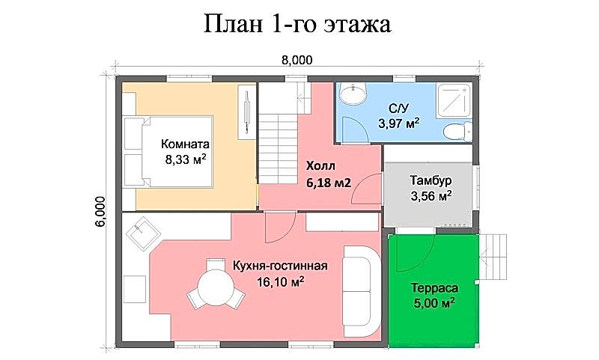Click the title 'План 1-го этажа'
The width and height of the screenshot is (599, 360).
click(297, 24)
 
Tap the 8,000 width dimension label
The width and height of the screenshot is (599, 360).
click(297, 60)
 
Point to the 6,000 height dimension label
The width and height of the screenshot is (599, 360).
click(100, 212)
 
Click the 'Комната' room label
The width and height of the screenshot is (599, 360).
click(185, 144)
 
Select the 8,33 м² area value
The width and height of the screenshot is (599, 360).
click(186, 159)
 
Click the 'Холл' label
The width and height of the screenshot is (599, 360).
click(320, 166)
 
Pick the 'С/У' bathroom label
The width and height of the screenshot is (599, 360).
click(398, 109)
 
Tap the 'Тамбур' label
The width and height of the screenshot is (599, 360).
click(431, 180)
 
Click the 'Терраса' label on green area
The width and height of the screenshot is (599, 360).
click(434, 288)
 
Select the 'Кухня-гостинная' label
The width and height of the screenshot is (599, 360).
click(280, 266)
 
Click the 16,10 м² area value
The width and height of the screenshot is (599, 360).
click(280, 282)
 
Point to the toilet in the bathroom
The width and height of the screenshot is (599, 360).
click(457, 131)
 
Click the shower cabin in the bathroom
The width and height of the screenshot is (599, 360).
click(454, 100)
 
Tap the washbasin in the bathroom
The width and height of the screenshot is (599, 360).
click(353, 94)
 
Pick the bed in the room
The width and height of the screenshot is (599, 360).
click(168, 151)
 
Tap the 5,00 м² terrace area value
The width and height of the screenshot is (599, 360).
click(434, 304)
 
